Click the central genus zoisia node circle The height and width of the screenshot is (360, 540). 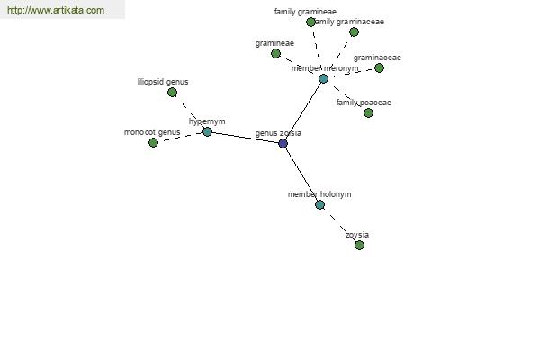click(283, 143)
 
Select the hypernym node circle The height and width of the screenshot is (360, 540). click(207, 131)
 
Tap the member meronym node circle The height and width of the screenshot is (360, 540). click(323, 78)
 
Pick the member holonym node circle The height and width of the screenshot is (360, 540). click(319, 204)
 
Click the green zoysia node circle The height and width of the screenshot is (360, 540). click(359, 245)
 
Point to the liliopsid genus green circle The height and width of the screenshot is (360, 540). click(172, 92)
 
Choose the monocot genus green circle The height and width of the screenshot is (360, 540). click(153, 142)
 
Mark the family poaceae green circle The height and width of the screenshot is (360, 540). click(368, 112)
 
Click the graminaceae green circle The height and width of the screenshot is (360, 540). click(379, 67)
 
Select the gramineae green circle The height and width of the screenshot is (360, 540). click(275, 53)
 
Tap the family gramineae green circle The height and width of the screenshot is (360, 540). click(310, 22)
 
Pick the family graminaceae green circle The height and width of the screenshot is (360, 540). click(354, 31)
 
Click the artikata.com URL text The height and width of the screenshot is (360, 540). click(56, 11)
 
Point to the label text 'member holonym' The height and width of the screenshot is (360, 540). click(319, 194)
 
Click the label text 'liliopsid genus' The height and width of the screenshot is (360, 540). click(163, 82)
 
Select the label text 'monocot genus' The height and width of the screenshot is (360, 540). click(152, 132)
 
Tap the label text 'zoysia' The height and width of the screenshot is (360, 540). click(357, 235)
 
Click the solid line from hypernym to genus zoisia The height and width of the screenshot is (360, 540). click(245, 138)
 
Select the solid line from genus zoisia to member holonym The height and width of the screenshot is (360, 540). click(301, 175)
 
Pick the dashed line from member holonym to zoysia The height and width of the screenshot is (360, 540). click(339, 225)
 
